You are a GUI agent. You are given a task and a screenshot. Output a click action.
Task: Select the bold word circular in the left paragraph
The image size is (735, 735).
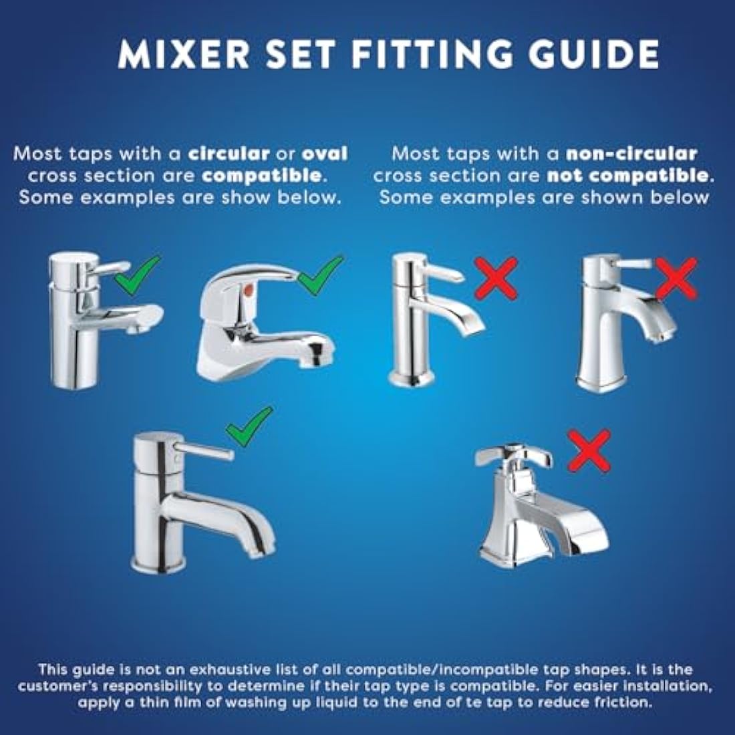point(229,154)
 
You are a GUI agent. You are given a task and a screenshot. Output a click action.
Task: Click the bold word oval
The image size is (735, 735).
point(325,154)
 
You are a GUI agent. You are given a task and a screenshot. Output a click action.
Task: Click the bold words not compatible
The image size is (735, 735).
point(627,176)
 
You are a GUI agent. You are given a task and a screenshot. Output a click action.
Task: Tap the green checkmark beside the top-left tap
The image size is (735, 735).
point(138,275)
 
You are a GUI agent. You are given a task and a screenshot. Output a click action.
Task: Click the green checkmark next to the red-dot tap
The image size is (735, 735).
point(320,275)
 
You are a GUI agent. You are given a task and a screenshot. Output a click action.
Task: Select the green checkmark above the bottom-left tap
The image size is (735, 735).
point(249,426)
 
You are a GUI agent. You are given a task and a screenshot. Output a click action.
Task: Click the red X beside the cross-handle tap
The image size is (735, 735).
point(588,450)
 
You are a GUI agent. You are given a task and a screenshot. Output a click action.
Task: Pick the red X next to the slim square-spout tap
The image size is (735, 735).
point(496,278)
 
